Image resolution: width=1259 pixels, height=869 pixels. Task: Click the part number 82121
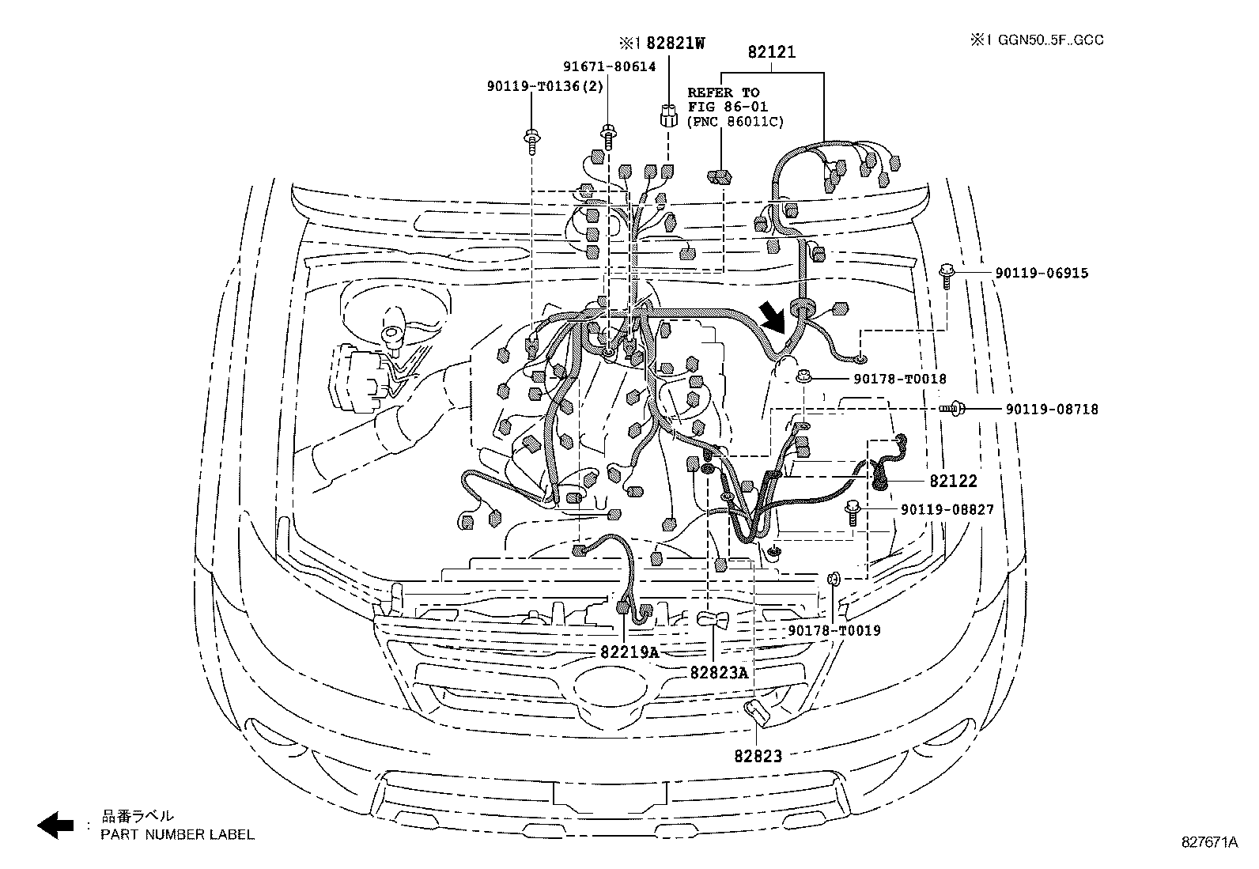[x=771, y=52]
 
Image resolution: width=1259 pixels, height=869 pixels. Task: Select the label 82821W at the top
[x=675, y=43]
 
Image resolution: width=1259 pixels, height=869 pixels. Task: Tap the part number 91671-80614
[x=609, y=67]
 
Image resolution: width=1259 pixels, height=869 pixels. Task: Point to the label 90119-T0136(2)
[x=545, y=86]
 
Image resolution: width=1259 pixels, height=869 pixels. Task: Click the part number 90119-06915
[x=1042, y=273]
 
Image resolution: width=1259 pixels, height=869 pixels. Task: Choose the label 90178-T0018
[x=900, y=379]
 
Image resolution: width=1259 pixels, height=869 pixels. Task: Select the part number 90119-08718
[x=1052, y=410]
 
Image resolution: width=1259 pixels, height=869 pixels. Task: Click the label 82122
[x=953, y=482]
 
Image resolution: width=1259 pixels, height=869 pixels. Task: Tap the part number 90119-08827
[x=947, y=510]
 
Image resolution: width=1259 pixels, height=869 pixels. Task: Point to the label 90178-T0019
[x=834, y=631]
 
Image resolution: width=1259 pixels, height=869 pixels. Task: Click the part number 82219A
[x=629, y=652]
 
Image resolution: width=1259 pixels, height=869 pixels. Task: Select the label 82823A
[x=719, y=673]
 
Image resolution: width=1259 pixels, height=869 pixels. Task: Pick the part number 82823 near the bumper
[x=758, y=757]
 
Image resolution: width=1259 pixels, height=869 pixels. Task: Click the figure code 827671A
[x=1209, y=842]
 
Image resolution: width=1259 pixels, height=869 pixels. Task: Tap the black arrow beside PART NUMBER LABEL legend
[x=55, y=826]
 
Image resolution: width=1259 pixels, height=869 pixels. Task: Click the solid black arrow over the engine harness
[x=773, y=317]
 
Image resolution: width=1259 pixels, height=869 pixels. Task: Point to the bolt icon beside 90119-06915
[x=947, y=275]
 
